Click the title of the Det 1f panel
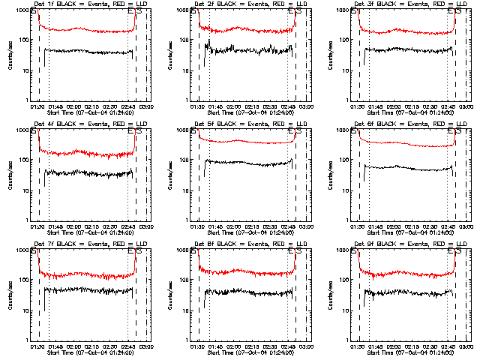(x=85, y=5)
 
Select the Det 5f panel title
(x=244, y=125)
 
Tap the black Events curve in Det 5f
(x=247, y=162)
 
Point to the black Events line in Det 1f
(x=86, y=52)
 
